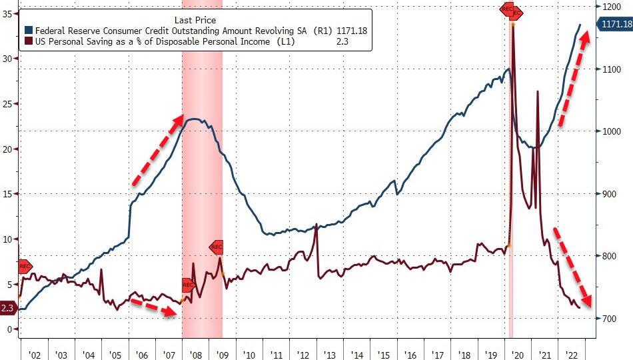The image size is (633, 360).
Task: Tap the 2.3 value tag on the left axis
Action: click(x=8, y=308)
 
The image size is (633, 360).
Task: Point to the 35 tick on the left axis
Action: click(x=8, y=13)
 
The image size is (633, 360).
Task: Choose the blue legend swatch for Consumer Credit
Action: click(x=28, y=31)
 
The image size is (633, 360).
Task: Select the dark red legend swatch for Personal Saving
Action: click(x=28, y=42)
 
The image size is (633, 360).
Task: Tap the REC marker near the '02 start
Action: click(x=24, y=267)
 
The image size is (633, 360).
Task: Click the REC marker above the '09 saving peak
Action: click(x=217, y=247)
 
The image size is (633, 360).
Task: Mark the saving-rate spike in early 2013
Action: click(x=316, y=225)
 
